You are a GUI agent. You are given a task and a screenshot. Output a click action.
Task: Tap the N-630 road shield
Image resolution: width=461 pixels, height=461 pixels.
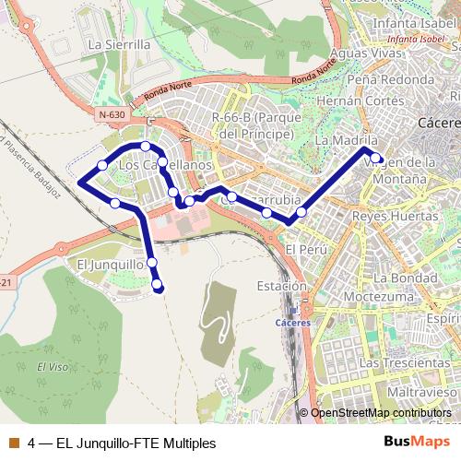(111, 114)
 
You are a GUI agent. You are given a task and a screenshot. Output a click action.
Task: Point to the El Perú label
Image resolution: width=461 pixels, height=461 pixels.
(301, 250)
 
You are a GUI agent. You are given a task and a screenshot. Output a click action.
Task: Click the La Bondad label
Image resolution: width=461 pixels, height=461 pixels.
(399, 278)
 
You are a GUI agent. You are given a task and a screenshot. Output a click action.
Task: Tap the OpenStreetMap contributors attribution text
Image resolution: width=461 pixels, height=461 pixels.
(381, 413)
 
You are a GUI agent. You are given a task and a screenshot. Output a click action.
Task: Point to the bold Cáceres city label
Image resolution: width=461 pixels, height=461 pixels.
(439, 123)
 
